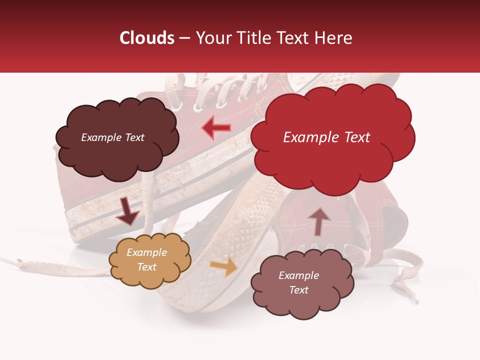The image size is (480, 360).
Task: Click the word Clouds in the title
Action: (x=146, y=38)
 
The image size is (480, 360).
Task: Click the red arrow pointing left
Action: (x=216, y=128)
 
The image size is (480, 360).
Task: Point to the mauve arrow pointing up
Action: (x=319, y=221)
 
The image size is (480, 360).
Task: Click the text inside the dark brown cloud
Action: (x=112, y=137)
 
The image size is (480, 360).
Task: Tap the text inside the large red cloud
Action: (x=326, y=137)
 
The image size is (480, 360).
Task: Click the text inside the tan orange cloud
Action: (x=146, y=259)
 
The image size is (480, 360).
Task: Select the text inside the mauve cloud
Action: (x=298, y=282)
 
